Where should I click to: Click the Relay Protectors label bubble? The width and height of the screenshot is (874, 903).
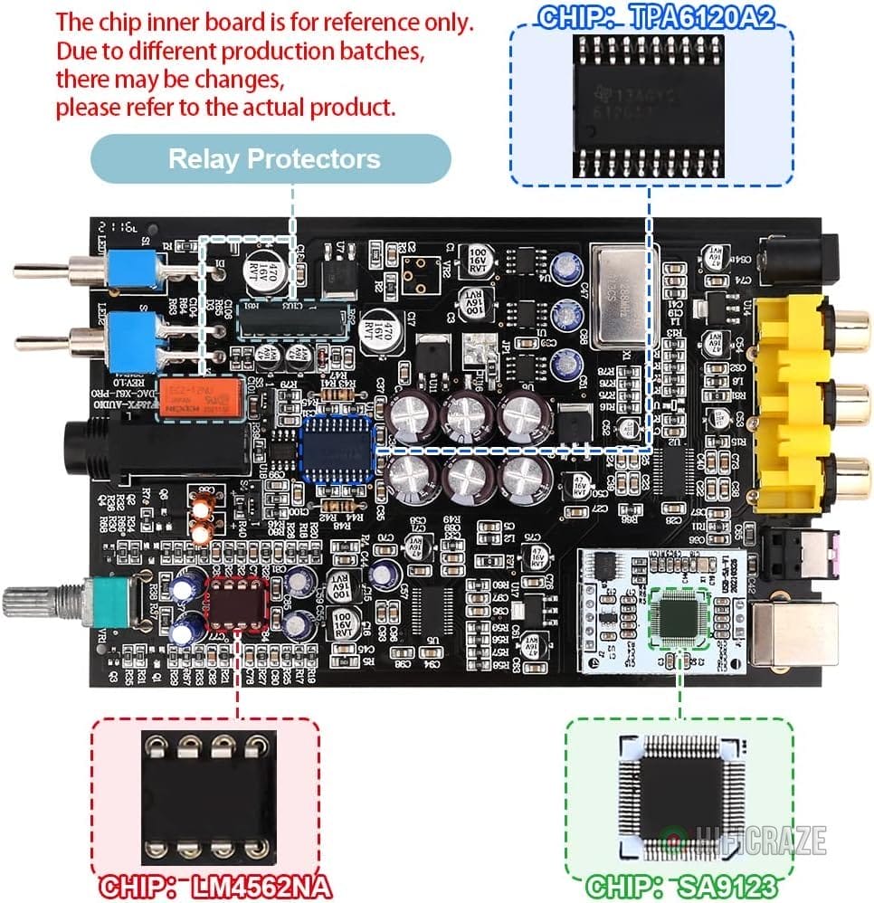(273, 160)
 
